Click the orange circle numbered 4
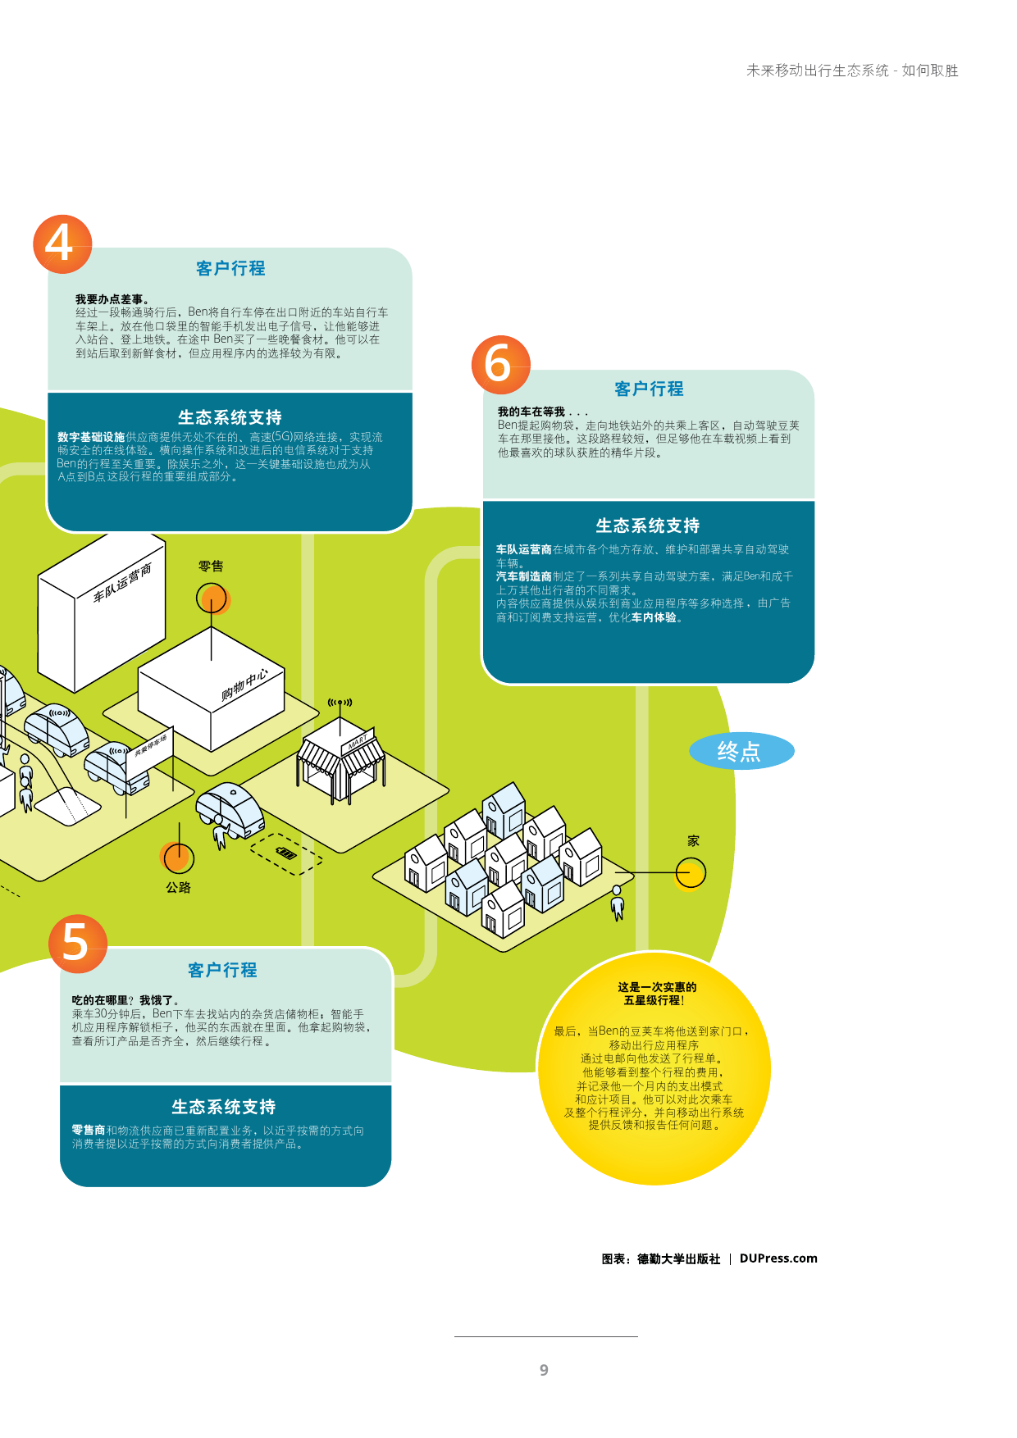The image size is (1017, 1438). point(62,244)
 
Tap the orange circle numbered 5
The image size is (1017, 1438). point(77,943)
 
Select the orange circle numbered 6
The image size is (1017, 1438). point(500,364)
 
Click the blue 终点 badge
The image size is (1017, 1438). point(741,751)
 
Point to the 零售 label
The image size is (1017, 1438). point(211,567)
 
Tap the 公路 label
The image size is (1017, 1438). point(178,888)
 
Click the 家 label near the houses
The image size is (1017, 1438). point(693,841)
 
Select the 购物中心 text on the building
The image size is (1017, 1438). point(244,685)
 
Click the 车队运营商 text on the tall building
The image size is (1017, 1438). point(122,582)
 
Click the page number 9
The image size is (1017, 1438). point(544,1370)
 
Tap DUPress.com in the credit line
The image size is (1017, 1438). point(778,1258)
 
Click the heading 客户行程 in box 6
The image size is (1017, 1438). point(649,389)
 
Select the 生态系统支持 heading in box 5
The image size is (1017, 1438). point(223,1107)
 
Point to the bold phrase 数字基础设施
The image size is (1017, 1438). point(91,438)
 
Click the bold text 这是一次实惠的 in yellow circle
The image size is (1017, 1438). point(657,987)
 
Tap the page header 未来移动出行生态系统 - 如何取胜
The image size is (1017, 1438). point(851,71)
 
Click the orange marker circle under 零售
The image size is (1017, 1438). point(212,598)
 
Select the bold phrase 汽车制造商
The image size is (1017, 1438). point(523,576)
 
